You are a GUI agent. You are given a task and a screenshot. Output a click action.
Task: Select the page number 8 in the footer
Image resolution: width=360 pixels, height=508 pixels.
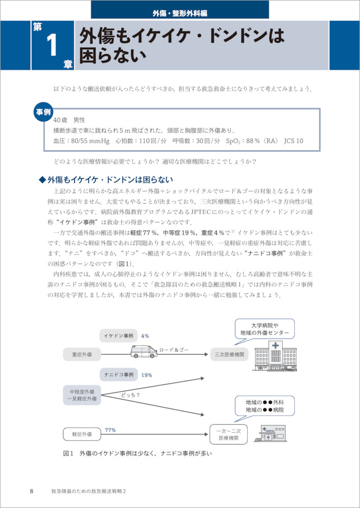pos(32,491)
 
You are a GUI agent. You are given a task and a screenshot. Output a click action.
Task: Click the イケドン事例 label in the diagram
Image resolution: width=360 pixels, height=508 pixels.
pos(118,336)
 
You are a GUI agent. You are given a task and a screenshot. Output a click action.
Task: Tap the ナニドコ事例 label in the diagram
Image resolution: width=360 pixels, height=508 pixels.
pos(118,374)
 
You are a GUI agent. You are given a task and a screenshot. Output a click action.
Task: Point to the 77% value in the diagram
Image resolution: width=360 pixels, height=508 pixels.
pos(110,430)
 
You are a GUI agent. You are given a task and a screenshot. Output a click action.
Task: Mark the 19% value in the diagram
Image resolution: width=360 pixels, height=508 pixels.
pos(147,375)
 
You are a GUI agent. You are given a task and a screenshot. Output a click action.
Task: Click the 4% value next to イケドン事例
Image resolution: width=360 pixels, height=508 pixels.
pos(145,336)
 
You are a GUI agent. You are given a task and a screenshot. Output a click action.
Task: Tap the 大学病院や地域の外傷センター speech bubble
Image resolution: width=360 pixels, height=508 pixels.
pos(265,329)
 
